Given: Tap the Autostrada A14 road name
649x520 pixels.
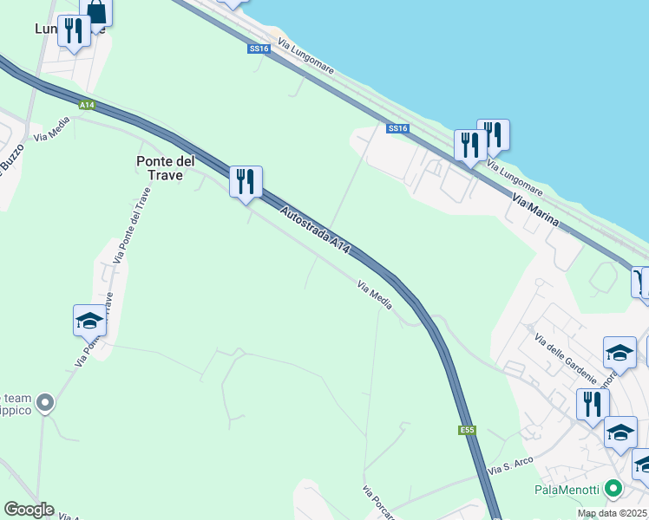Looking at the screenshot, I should click(315, 229).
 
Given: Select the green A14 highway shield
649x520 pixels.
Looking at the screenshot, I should click(86, 105).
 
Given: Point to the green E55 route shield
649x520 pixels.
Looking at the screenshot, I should click(467, 430).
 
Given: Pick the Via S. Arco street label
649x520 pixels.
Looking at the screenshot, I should click(509, 467).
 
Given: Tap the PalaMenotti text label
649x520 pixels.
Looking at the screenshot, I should click(567, 490).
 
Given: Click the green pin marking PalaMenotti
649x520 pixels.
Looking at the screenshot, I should click(614, 489).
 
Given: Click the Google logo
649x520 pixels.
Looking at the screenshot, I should click(28, 510).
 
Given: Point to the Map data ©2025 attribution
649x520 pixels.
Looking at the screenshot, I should click(612, 513).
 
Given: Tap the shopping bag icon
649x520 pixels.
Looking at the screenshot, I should click(96, 11).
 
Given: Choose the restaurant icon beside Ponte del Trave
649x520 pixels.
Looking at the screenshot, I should click(246, 181).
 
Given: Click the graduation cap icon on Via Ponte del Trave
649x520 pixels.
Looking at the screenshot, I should click(89, 321).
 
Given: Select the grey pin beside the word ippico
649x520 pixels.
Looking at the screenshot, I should click(46, 403).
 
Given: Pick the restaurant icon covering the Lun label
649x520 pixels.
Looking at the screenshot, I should click(74, 30).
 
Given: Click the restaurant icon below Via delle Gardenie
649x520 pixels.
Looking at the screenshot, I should click(593, 404).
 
